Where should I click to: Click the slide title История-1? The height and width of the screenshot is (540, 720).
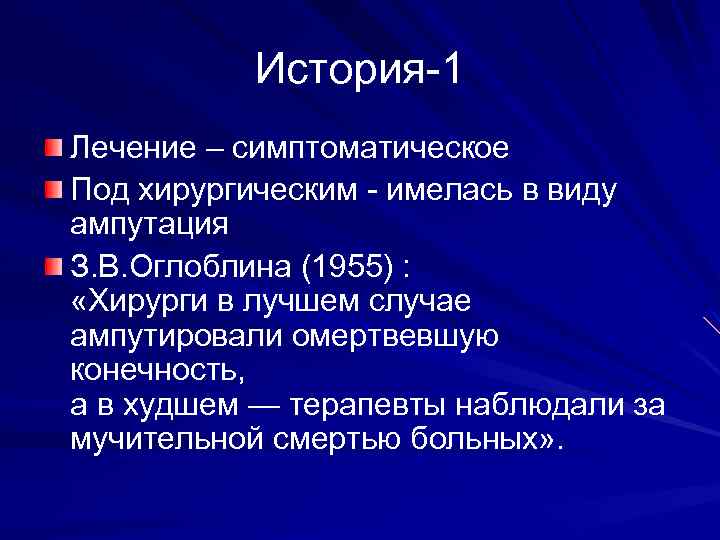(360, 69)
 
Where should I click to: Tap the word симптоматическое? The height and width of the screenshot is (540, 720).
(370, 150)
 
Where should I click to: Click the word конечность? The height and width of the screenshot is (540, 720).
(156, 370)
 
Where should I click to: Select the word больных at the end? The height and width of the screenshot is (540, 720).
(475, 441)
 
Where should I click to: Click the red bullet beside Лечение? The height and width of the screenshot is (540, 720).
(52, 150)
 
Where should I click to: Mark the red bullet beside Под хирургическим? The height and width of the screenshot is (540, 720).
(52, 187)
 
